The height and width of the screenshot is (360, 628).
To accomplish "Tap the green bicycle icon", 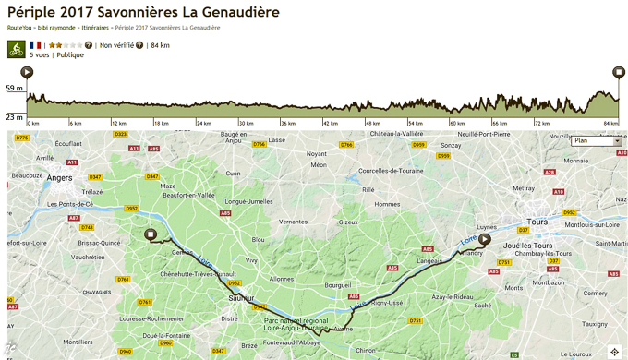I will pos(16,48).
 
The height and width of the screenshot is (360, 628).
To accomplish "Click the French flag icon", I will pos(35,44).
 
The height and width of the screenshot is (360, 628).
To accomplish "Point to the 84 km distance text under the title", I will pos(160,44).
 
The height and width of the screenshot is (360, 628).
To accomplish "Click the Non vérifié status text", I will pos(115,44).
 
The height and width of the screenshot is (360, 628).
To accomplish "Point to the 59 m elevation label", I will pos(13,89).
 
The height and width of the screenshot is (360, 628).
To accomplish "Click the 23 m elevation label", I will pos(13,117).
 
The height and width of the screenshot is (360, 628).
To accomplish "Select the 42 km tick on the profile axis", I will pos(330,123).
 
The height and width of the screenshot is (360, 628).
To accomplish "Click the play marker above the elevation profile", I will pos(27,72).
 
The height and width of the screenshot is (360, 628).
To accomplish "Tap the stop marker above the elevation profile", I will pos(618,72).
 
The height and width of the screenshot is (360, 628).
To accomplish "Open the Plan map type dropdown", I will pos(596,141).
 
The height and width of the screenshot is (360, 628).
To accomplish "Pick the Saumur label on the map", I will pos(241,298).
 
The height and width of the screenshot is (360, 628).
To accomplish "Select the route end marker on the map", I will pos(151,235).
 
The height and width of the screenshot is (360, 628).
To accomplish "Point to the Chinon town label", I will pos(365,351).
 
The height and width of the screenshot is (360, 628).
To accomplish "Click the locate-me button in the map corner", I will pos(615,350).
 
